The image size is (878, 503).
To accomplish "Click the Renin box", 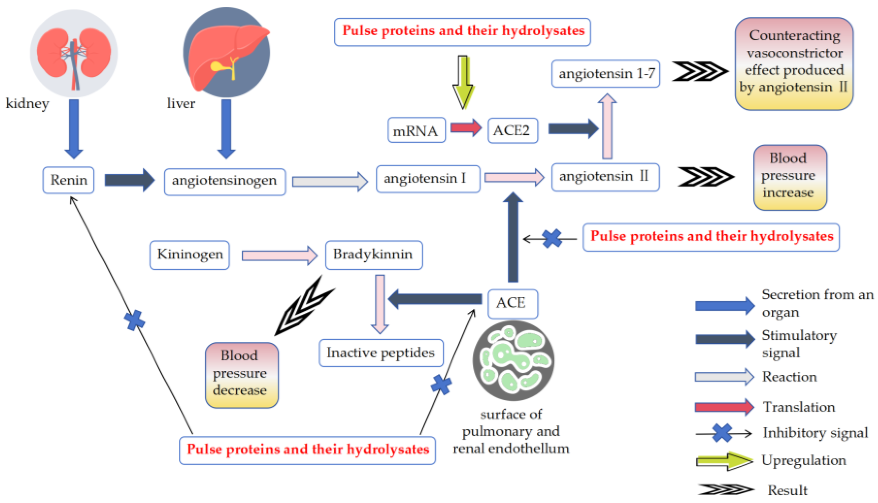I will point(69,180).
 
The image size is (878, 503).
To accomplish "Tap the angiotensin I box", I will point(428,179).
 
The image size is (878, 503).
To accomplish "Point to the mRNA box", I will point(416,130).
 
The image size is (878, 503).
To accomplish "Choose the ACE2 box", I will point(513,130).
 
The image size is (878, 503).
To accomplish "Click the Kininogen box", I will point(190,255).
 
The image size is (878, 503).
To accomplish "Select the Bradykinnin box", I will point(374,255).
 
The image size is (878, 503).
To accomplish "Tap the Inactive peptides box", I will point(381,353).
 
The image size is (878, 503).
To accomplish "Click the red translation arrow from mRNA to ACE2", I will point(466,128).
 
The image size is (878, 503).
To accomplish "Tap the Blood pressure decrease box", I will point(241,375).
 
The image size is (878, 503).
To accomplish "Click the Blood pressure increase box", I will point(790,177).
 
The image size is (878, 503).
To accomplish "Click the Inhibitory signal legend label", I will point(815,433).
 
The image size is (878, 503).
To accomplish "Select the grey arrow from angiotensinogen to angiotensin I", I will point(330,181).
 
